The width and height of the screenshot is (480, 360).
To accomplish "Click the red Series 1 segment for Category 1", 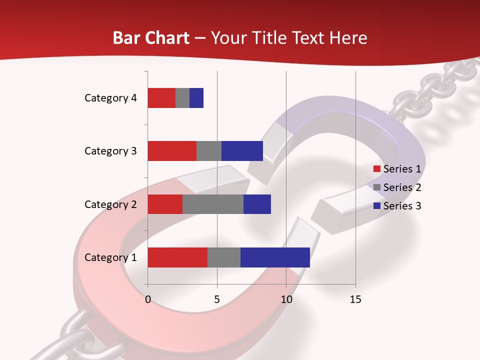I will [x=177, y=257].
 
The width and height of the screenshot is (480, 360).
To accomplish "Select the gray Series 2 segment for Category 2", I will [x=213, y=204].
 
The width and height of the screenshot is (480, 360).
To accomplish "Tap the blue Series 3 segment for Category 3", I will [x=242, y=151].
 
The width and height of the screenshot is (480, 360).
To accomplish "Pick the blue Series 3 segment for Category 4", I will [x=196, y=98].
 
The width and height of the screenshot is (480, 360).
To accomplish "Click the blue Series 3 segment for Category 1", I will [x=275, y=257].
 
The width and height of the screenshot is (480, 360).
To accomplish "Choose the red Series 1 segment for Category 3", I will [x=172, y=151].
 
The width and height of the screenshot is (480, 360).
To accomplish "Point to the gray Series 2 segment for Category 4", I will [x=182, y=98].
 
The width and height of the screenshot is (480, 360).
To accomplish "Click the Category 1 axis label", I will [x=110, y=257].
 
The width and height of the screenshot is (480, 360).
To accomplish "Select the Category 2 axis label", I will [x=110, y=204].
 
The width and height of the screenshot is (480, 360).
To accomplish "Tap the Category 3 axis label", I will [x=110, y=151].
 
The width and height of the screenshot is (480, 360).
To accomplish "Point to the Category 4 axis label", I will [x=110, y=98].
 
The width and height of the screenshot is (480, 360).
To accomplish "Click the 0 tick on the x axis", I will [x=148, y=299].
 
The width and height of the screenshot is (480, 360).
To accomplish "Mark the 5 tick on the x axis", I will [x=217, y=299].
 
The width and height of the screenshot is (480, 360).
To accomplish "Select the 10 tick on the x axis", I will [x=286, y=299].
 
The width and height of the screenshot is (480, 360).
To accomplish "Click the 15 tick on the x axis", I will [x=355, y=299].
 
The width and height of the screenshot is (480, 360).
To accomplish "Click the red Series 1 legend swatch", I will [x=377, y=169].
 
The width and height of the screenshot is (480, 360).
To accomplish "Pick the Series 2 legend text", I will [x=402, y=187].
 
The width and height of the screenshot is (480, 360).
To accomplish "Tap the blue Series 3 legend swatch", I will [x=377, y=206].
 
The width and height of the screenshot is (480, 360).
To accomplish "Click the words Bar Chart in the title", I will [x=151, y=38].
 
